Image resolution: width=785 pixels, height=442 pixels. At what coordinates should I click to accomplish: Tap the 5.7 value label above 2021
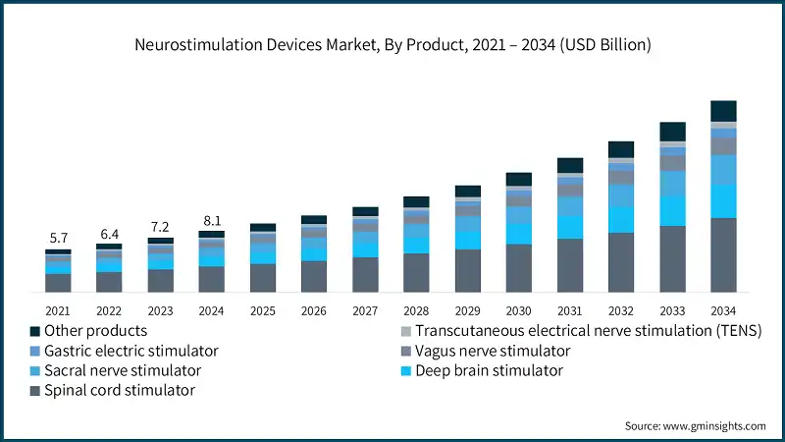[58, 239]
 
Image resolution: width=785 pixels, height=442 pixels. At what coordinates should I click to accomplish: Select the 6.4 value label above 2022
[109, 234]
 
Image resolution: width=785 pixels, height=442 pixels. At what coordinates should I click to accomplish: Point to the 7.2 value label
[160, 227]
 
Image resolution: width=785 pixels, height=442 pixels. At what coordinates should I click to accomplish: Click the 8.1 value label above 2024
[211, 221]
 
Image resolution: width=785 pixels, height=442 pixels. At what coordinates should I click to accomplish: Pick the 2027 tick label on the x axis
[365, 309]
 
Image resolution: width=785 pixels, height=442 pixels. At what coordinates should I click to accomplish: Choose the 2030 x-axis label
[518, 309]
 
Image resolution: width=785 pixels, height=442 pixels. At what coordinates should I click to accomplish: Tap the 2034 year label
[723, 309]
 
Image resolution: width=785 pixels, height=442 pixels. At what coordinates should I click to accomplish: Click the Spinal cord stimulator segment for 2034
[723, 255]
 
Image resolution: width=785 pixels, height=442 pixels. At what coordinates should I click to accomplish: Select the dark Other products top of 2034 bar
[723, 111]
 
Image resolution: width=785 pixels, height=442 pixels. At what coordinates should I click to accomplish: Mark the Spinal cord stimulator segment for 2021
[58, 283]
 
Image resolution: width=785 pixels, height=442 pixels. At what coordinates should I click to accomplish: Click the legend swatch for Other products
[35, 332]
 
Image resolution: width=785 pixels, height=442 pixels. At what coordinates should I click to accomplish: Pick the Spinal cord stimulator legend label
[120, 390]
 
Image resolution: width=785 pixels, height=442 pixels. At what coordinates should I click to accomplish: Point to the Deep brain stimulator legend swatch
[405, 371]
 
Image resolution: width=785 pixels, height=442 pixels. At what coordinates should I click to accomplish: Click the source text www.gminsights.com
[695, 425]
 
